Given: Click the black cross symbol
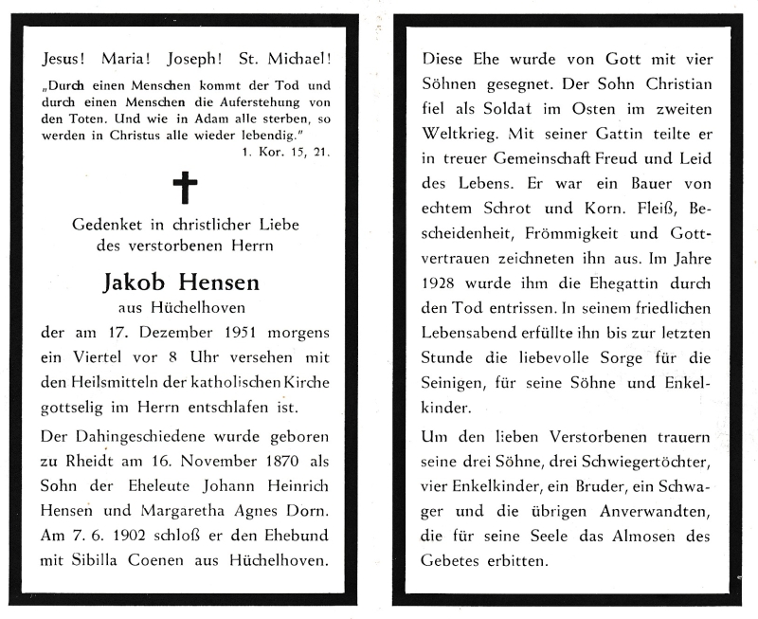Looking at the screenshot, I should click(185, 188).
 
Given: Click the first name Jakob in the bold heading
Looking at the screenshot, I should click(139, 283).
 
